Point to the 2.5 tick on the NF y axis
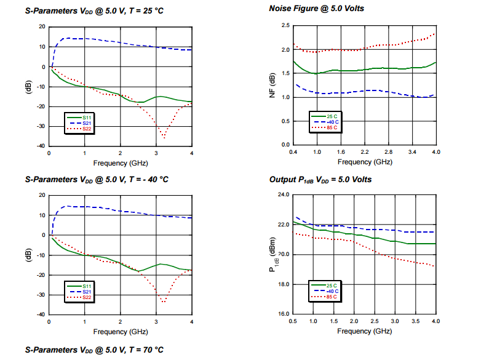tap(285, 26)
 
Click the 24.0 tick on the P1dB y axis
tap(283, 194)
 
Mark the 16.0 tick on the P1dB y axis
tap(283, 314)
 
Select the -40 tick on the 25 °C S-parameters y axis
tap(41, 146)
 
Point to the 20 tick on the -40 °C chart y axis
tap(42, 195)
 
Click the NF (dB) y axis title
tap(272, 85)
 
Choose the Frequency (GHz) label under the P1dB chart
tap(364, 331)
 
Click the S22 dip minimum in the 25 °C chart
tap(164, 137)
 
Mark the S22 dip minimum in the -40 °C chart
tap(164, 302)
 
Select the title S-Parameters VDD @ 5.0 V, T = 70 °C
tap(94, 350)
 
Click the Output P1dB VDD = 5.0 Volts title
tap(320, 179)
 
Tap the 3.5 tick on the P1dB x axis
tap(416, 321)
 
